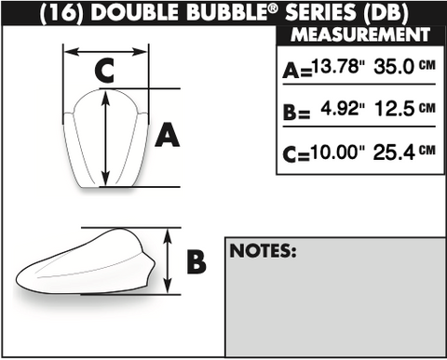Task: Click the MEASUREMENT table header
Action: [360, 34]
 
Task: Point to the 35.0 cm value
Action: [405, 66]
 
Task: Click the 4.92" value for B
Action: [343, 109]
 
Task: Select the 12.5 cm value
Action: [405, 109]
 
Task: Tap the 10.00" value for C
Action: [338, 152]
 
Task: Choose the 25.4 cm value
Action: [404, 152]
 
